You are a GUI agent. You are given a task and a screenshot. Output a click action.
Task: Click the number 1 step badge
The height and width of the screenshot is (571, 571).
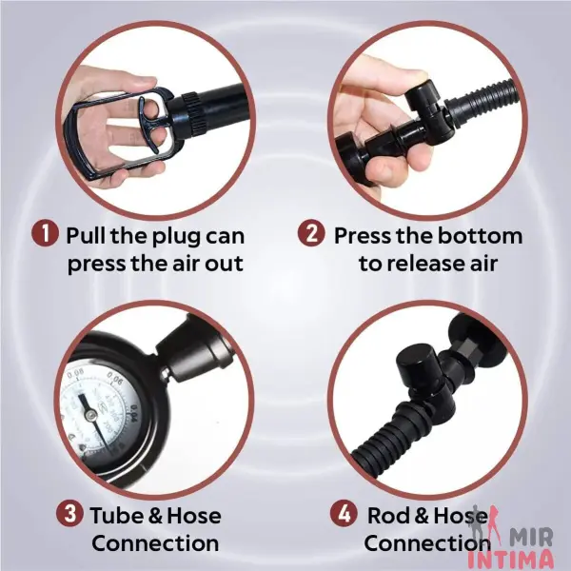click(45, 233)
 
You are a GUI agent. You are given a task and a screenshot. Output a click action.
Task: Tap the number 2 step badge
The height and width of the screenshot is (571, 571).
click(311, 233)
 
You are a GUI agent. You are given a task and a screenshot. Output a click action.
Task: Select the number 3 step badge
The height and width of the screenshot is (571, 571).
click(69, 514)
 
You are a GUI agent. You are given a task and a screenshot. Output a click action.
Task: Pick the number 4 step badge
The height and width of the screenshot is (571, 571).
click(344, 514)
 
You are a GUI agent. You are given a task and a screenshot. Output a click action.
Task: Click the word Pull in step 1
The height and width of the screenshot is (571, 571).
click(87, 235)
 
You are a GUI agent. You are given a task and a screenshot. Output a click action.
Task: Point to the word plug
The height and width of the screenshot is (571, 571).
click(176, 238)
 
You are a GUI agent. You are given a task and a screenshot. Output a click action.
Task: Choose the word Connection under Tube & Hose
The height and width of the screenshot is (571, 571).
click(155, 543)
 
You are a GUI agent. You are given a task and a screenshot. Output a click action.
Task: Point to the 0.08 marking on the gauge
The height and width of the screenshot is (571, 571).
click(75, 372)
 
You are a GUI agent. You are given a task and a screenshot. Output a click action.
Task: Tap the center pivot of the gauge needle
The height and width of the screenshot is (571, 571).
click(90, 413)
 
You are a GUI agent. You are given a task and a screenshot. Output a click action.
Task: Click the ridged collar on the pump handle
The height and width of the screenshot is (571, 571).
click(192, 111)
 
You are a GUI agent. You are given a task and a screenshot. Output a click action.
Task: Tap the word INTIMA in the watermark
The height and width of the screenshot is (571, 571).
click(509, 561)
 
